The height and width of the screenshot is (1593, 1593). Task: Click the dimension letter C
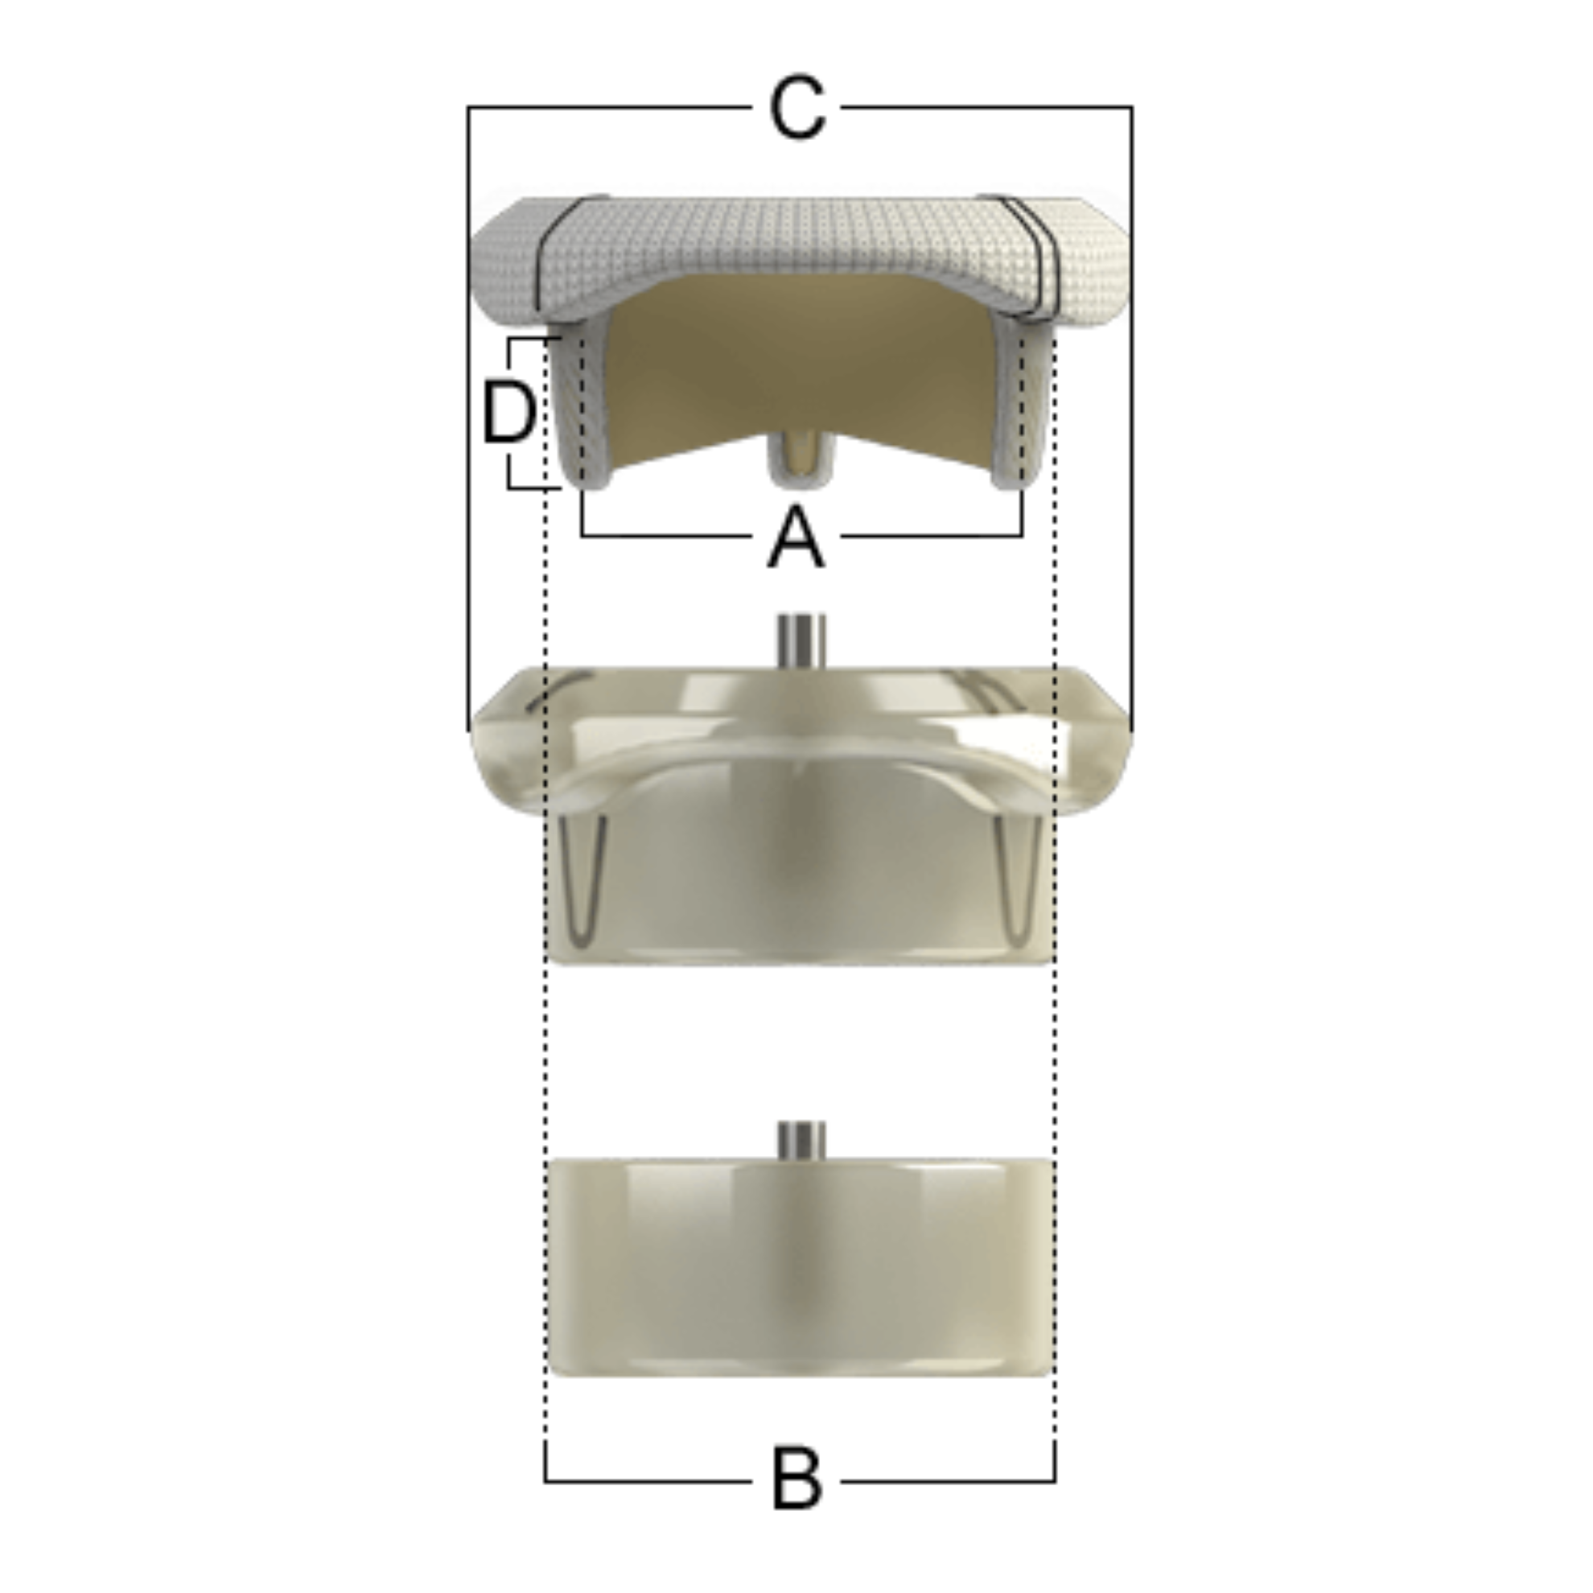click(796, 108)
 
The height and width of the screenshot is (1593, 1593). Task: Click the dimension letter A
click(796, 537)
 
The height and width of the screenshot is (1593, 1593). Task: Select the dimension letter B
click(796, 1481)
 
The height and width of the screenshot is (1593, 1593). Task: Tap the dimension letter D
click(509, 411)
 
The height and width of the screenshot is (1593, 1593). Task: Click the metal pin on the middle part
click(801, 641)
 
